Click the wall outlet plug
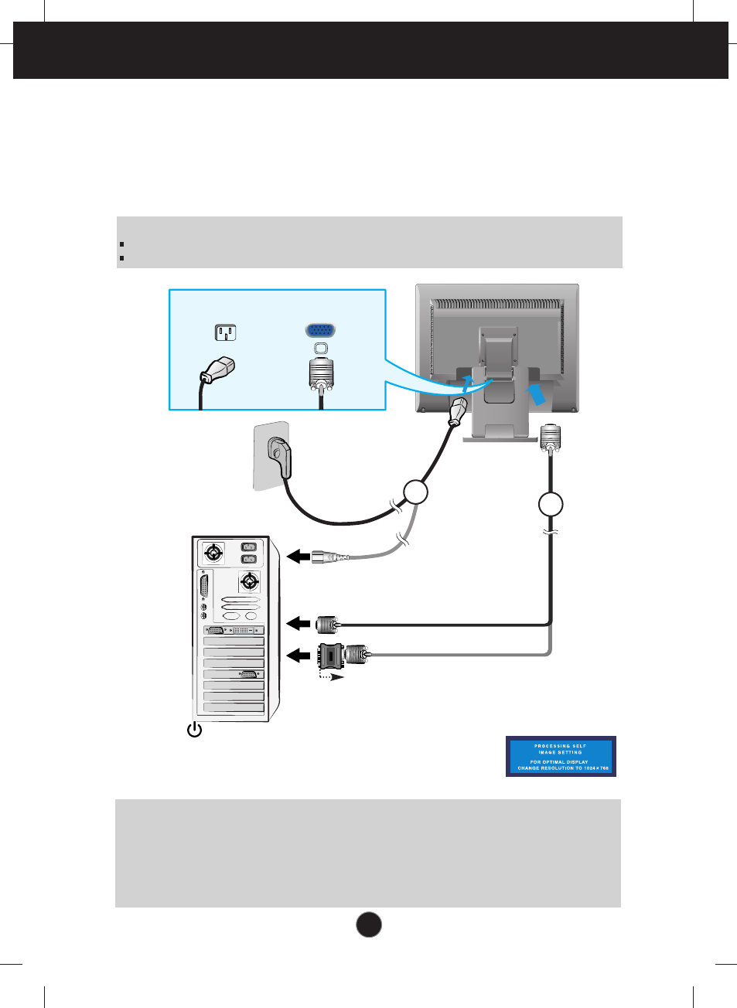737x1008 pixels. pyautogui.click(x=279, y=456)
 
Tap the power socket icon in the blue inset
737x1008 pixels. pyautogui.click(x=225, y=332)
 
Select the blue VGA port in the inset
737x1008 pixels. pyautogui.click(x=320, y=330)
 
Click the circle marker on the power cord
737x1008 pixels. pyautogui.click(x=416, y=492)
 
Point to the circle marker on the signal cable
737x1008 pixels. pyautogui.click(x=551, y=504)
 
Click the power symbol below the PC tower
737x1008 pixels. pyautogui.click(x=195, y=730)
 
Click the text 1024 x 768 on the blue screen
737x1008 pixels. pyautogui.click(x=595, y=768)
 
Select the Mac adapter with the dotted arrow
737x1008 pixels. pyautogui.click(x=332, y=656)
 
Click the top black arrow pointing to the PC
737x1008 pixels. pyautogui.click(x=298, y=556)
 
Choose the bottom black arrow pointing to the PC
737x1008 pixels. pyautogui.click(x=298, y=656)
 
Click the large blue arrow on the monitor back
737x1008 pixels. pyautogui.click(x=537, y=393)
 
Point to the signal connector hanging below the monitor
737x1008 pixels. pyautogui.click(x=550, y=438)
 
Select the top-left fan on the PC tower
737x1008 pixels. pyautogui.click(x=213, y=553)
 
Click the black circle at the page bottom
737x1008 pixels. pyautogui.click(x=369, y=925)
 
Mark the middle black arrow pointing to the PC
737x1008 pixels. pyautogui.click(x=298, y=623)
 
